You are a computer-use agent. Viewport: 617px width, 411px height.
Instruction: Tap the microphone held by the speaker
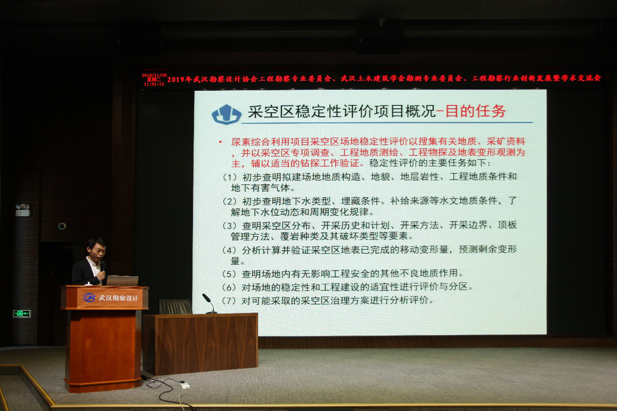103,267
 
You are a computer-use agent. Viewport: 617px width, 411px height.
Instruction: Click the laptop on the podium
122,281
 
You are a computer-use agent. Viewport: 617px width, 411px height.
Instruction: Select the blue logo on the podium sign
89,297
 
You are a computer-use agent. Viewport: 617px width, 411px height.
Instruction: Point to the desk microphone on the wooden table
210,304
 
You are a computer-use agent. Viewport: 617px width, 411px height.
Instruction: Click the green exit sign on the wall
22,314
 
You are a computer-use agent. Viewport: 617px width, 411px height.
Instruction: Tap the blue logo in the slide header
226,115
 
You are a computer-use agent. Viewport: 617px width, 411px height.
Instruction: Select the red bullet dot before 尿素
220,142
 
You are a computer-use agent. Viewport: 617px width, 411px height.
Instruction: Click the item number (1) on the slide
229,177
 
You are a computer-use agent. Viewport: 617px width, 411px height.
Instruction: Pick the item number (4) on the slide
229,250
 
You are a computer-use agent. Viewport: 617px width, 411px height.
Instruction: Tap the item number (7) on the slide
229,300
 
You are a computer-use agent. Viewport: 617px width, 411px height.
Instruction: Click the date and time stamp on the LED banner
154,80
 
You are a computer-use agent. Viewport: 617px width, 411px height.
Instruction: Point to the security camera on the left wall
62,226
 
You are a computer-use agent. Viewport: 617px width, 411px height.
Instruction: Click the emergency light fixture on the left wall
22,210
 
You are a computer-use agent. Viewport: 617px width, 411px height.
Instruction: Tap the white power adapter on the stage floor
184,385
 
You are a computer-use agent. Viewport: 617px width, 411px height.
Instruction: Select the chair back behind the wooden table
175,307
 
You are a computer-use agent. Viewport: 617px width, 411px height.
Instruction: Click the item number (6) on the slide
229,287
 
